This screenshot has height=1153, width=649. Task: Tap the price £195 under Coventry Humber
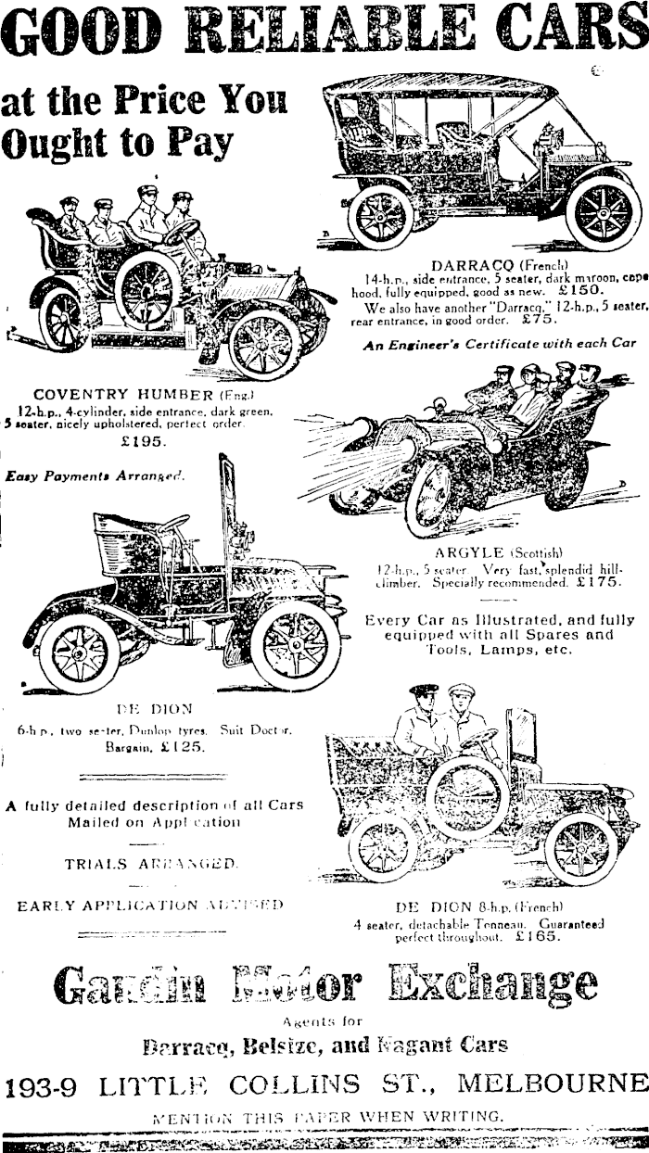[144, 441]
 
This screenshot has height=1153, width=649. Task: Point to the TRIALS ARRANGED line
[150, 863]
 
